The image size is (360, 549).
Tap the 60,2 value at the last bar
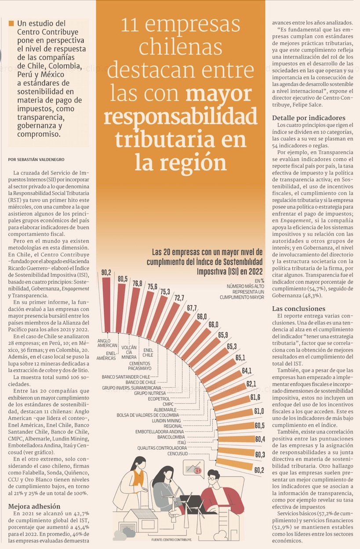(x=259, y=470)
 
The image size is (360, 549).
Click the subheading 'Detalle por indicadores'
(x=309, y=118)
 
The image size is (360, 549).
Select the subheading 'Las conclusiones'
(x=298, y=309)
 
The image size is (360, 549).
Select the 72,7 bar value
(x=179, y=298)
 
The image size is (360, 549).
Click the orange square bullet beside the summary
(x=11, y=23)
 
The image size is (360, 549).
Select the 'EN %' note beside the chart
(x=259, y=280)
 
